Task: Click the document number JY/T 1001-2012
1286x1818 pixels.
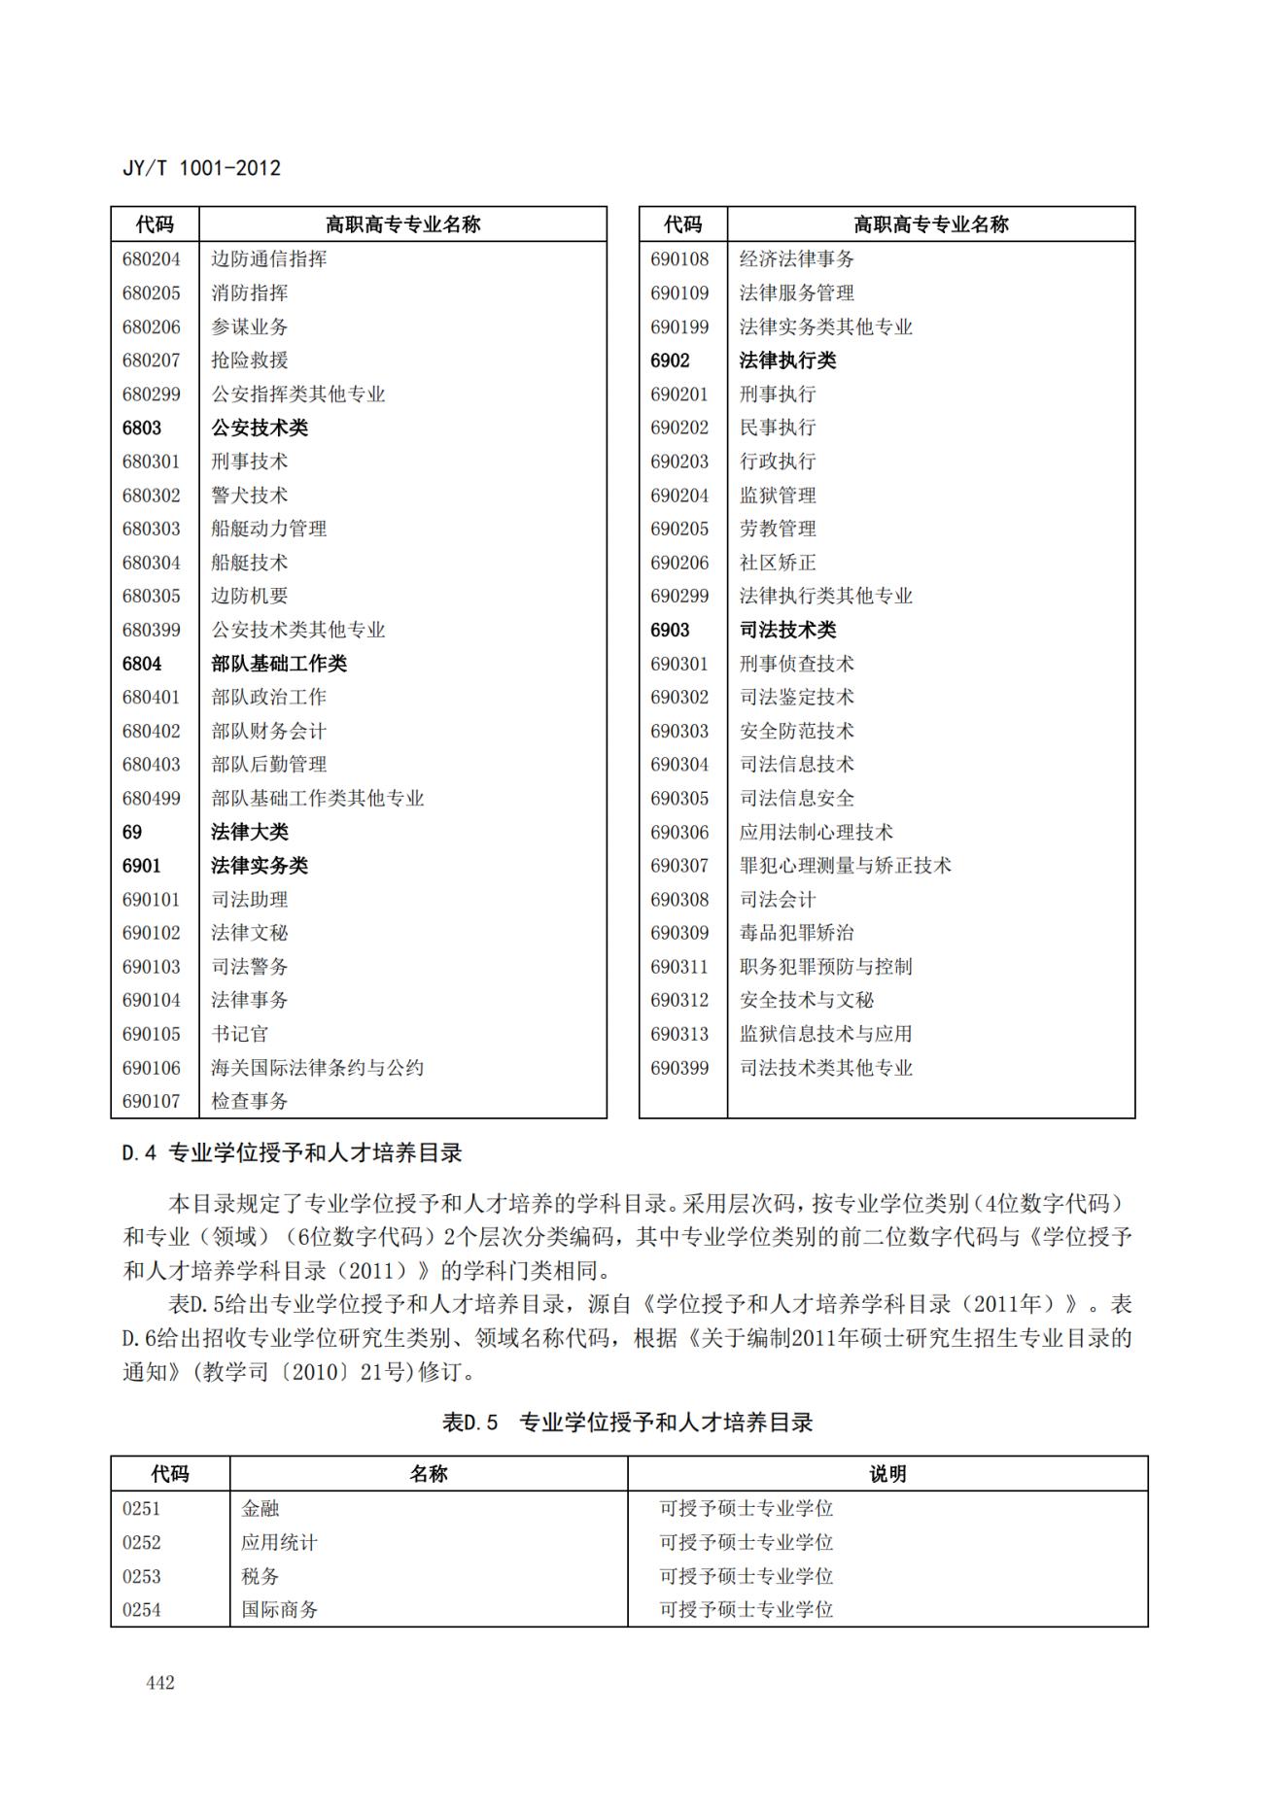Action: (x=201, y=168)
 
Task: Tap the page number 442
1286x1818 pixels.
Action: (x=160, y=1682)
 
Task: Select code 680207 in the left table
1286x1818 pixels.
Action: (x=152, y=360)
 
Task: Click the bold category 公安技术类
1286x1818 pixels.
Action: (x=260, y=428)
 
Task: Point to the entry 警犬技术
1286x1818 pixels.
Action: (x=250, y=496)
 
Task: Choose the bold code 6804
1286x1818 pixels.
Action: (x=142, y=664)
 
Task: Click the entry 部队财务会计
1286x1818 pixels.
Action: (x=269, y=731)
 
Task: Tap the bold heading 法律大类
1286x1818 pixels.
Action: (x=250, y=832)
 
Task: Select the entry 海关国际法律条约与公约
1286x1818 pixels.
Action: (x=318, y=1068)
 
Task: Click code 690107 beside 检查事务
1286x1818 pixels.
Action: (x=152, y=1101)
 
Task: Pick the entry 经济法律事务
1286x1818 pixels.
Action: (x=797, y=259)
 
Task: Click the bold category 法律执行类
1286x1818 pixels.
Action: (x=787, y=360)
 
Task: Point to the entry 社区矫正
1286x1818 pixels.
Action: (x=778, y=563)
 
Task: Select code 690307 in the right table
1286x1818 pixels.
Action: (x=679, y=866)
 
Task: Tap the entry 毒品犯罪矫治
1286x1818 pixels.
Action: (x=797, y=933)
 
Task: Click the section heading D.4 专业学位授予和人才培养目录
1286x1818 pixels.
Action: (x=292, y=1153)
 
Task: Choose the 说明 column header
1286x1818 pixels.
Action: (x=887, y=1474)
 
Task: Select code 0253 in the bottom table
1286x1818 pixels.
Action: (x=142, y=1576)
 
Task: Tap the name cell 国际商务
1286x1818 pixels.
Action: (x=280, y=1609)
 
